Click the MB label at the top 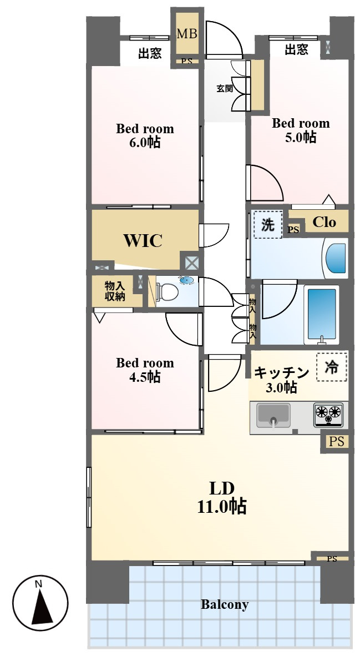187,33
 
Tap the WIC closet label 143,240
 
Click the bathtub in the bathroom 322,315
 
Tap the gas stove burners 328,414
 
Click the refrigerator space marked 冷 332,367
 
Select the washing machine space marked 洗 267,225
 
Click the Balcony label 225,604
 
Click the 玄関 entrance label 225,89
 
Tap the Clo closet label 324,222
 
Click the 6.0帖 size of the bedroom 145,143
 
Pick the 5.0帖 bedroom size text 301,137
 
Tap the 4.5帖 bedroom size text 145,377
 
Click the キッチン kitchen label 281,372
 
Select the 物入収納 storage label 115,291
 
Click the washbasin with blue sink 187,280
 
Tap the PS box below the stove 336,441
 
